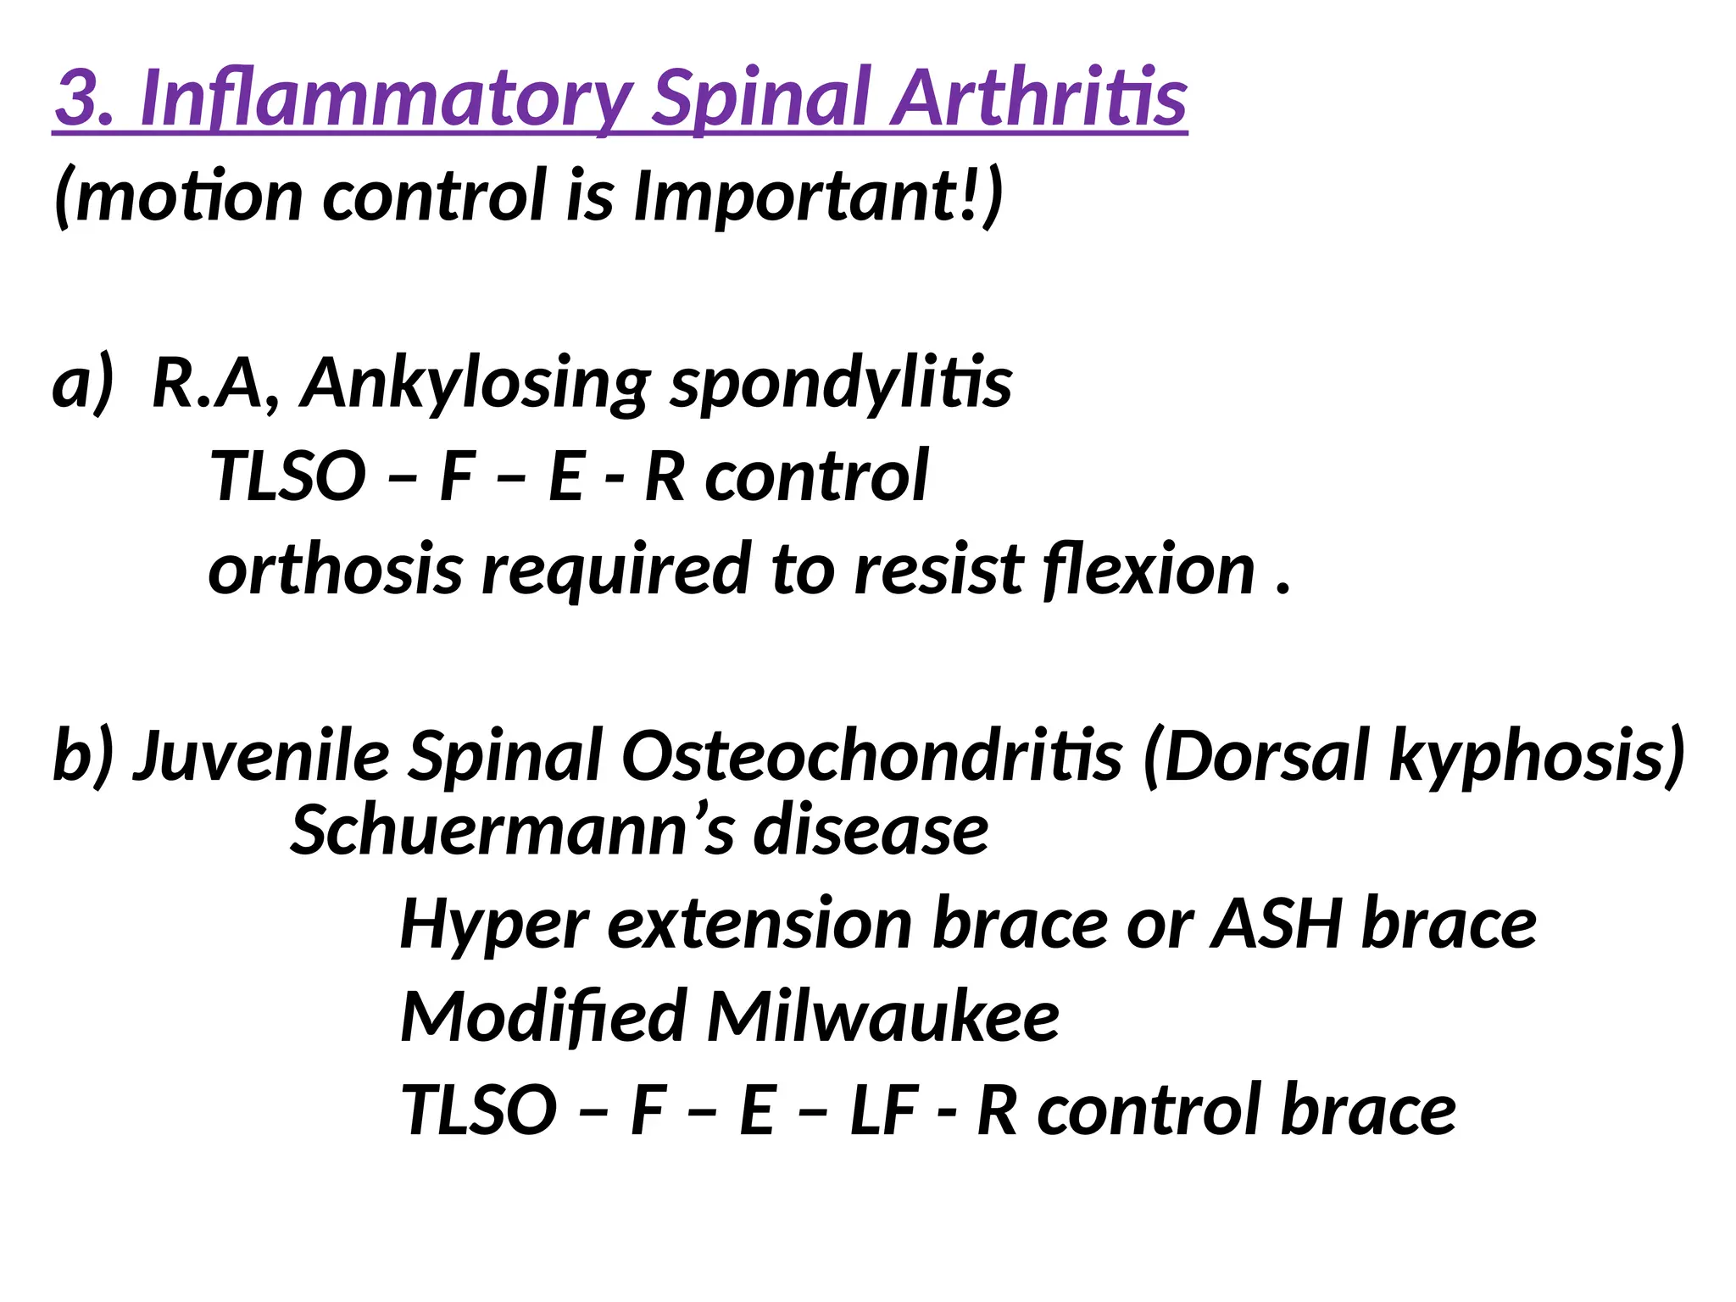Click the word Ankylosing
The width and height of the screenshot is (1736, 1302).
point(476,383)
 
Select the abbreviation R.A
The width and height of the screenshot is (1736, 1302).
point(215,383)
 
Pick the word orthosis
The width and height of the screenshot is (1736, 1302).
point(335,570)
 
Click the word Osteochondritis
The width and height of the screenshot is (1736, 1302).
point(872,754)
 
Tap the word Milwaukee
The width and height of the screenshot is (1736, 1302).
point(882,1016)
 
